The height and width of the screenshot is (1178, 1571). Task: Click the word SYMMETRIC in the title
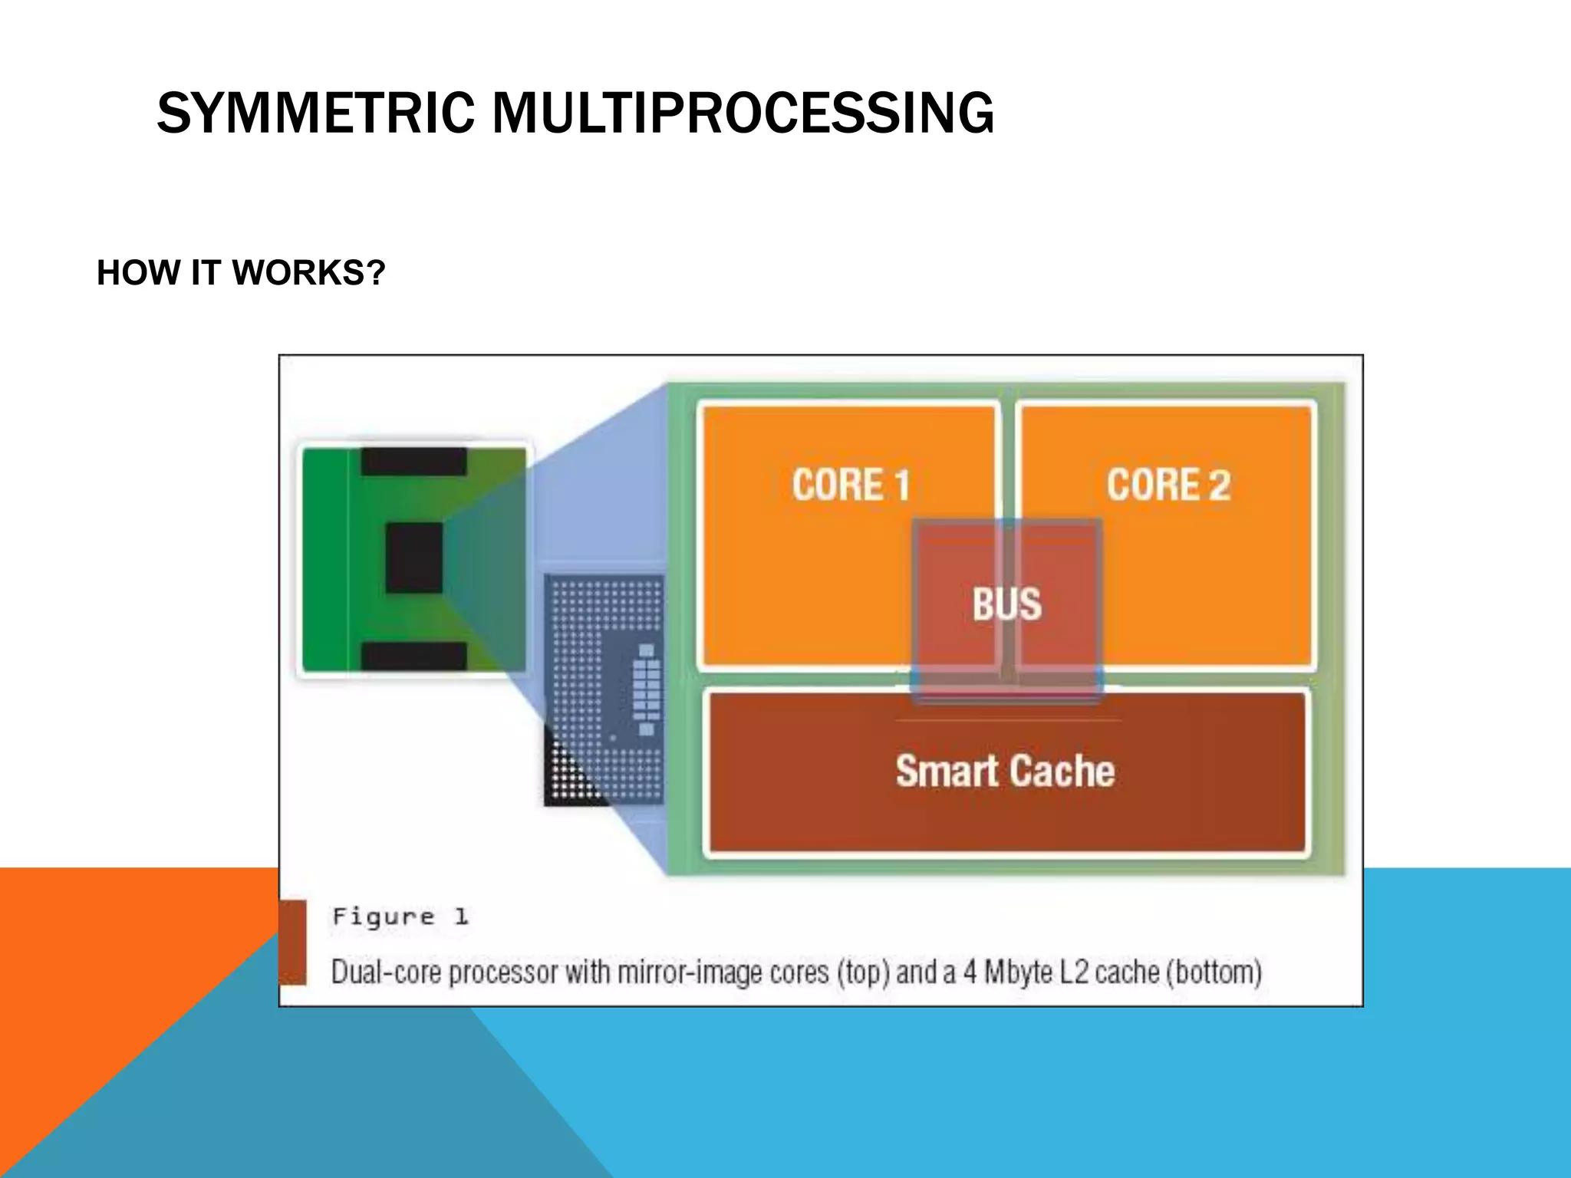click(315, 114)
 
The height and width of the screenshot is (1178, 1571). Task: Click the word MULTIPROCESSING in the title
click(743, 114)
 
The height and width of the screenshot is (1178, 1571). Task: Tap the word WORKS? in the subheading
click(308, 273)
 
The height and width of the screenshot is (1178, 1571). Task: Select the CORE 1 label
click(851, 485)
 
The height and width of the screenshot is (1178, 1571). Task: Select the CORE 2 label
click(1168, 485)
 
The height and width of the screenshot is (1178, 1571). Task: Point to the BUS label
click(1006, 604)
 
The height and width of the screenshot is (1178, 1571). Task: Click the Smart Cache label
click(1005, 771)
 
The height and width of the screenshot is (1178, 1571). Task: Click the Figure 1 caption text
click(400, 916)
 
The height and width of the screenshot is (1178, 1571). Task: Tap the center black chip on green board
click(414, 558)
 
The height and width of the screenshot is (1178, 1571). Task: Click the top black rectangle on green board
click(413, 462)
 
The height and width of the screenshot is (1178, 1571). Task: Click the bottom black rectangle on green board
click(413, 656)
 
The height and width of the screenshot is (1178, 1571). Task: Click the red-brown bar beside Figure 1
click(292, 942)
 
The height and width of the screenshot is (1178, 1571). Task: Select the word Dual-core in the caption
click(387, 972)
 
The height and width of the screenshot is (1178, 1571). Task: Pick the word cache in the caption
click(1126, 972)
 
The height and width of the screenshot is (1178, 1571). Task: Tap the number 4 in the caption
click(970, 972)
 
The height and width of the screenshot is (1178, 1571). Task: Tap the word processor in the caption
click(503, 972)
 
